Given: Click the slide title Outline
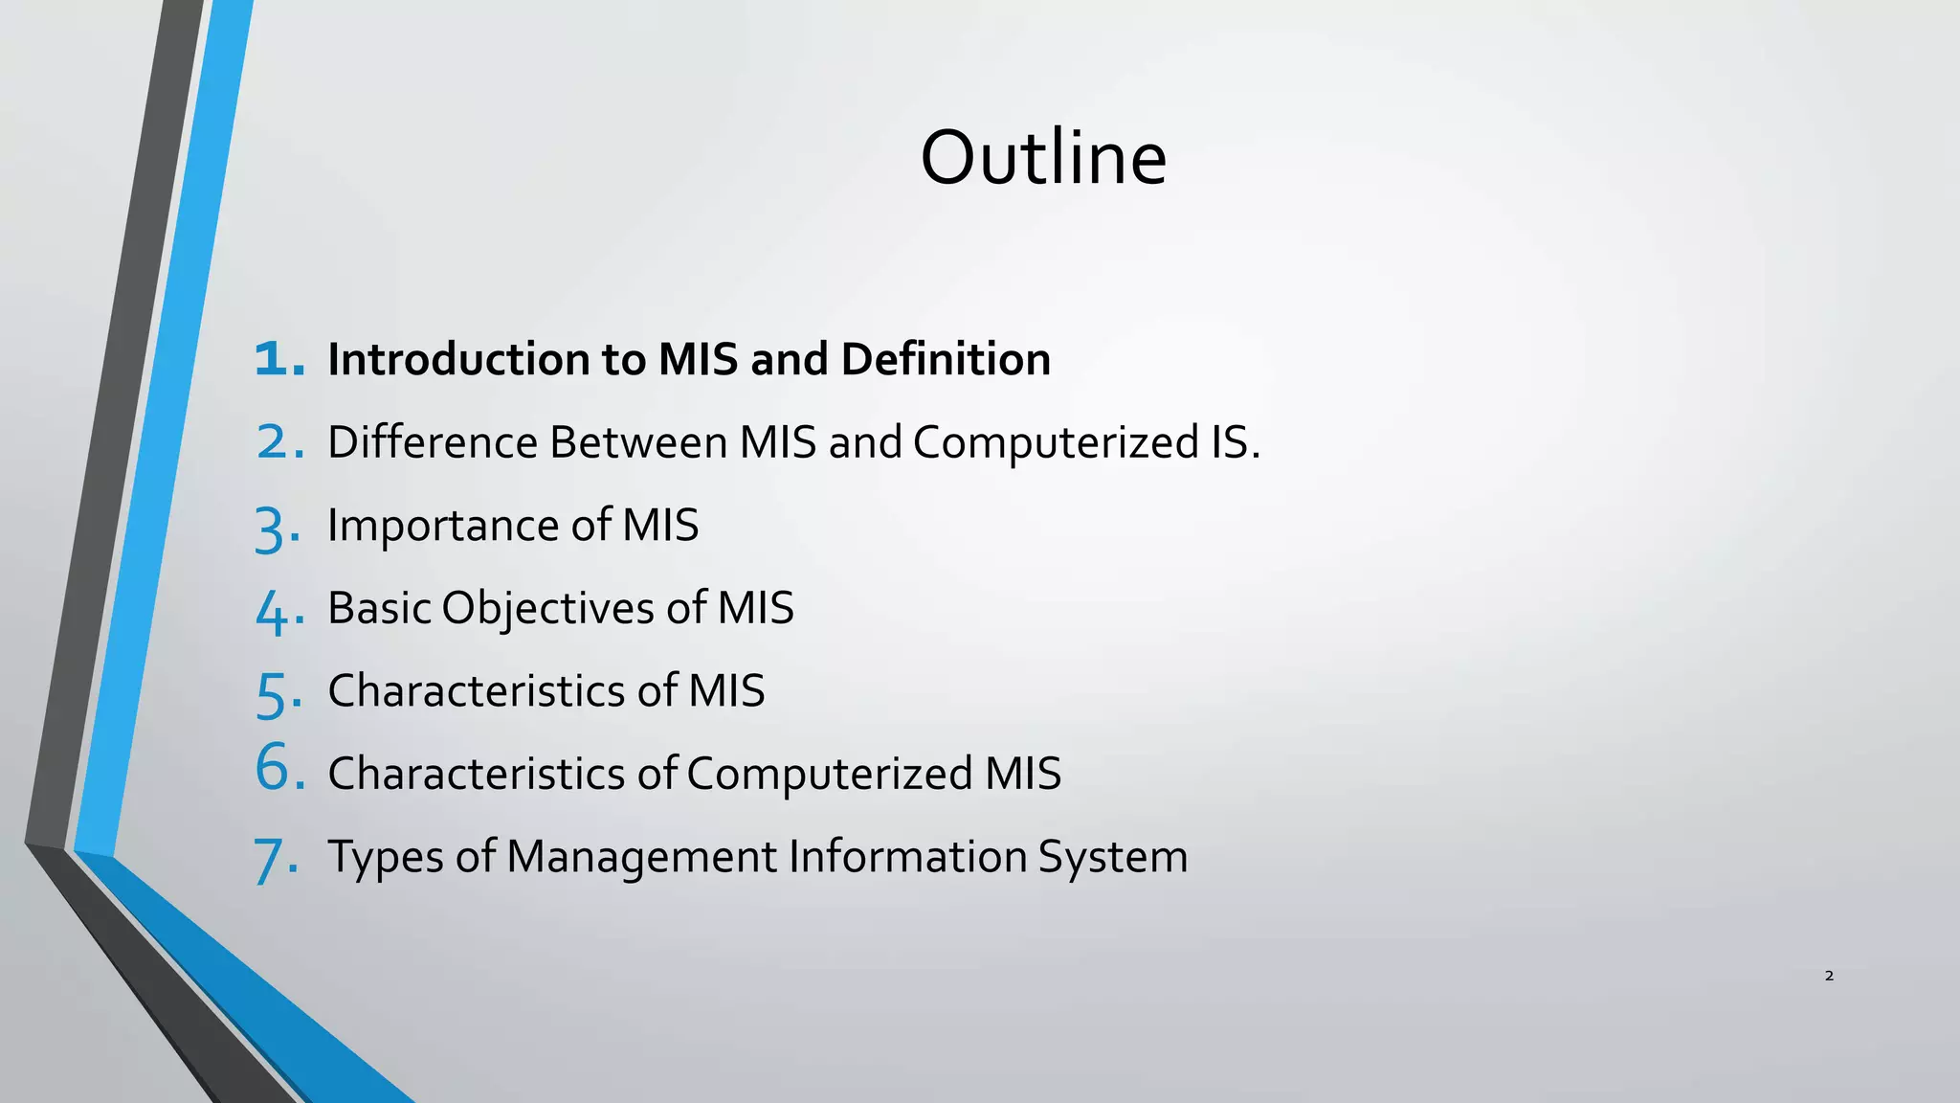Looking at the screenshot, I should coord(1043,158).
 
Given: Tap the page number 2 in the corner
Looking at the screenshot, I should coord(1829,976).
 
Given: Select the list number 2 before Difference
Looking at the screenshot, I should coord(278,442).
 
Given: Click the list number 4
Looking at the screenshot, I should coord(278,611).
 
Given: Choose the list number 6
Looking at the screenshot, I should coord(278,768).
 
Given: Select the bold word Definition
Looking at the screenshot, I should coord(946,360).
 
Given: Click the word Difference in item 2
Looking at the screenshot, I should coord(433,442).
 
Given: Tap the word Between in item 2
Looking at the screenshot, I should coord(638,442).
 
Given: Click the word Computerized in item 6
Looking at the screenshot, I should coord(830,774).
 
